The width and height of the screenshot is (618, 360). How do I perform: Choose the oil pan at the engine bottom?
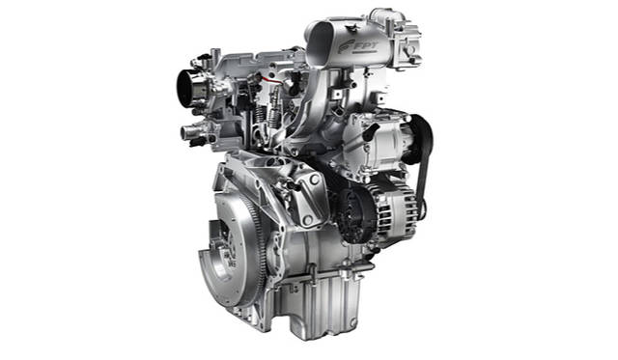(x=319, y=304)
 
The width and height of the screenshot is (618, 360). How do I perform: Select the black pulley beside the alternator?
(x=350, y=214)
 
